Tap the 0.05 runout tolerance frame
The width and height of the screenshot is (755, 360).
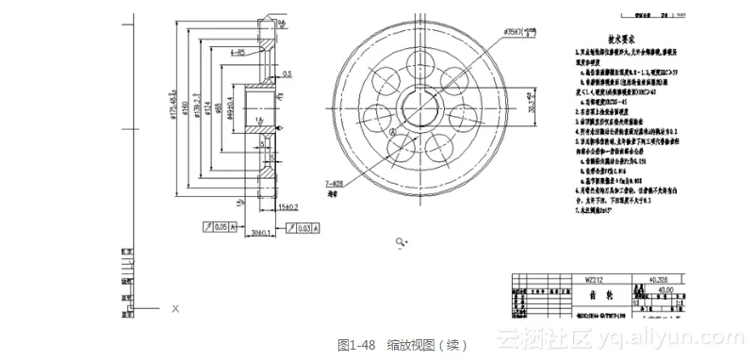click(218, 226)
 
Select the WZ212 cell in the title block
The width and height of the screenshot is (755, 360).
click(593, 279)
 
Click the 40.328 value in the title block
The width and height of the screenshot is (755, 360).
click(658, 279)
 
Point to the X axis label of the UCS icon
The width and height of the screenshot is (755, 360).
click(175, 308)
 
